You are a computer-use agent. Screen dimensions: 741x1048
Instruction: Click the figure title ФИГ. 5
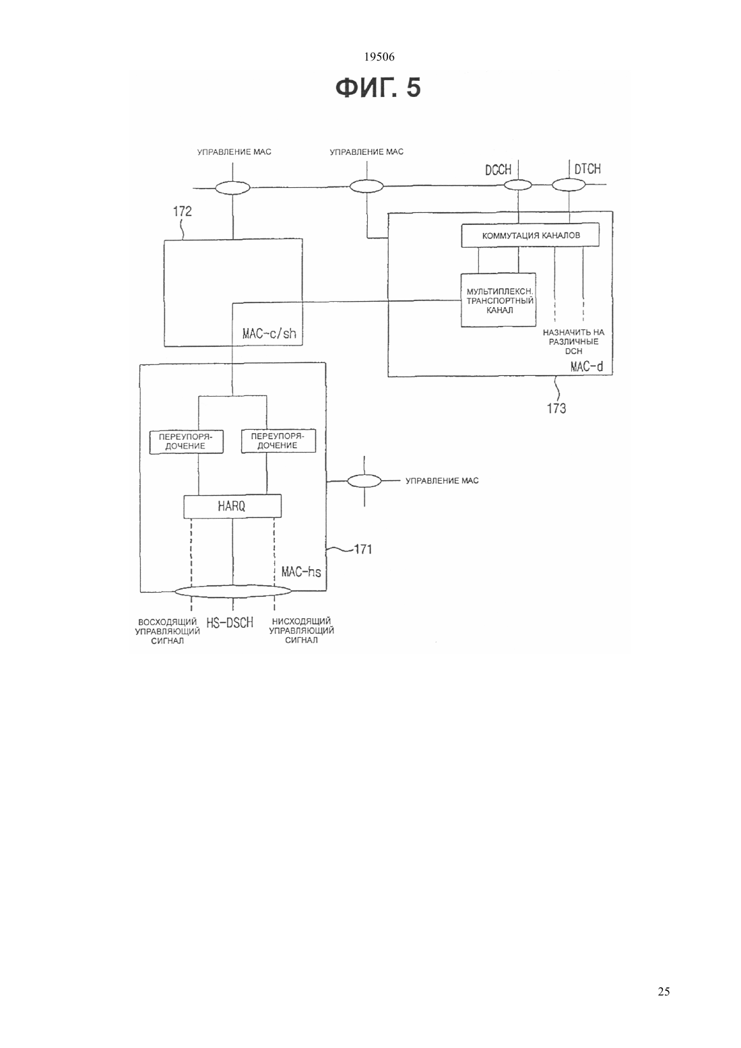378,88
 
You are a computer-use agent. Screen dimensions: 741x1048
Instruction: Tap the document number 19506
379,57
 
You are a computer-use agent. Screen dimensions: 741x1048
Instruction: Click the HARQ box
232,506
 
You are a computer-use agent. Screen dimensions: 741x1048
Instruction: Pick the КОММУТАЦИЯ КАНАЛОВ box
530,235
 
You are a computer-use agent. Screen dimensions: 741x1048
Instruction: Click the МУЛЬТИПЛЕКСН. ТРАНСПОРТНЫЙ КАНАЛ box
498,300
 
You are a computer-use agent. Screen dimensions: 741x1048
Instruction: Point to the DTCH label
587,169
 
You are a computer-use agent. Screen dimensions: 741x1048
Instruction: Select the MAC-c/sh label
269,333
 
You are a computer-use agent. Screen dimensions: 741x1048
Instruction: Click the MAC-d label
587,366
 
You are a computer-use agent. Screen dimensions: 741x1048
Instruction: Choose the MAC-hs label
301,572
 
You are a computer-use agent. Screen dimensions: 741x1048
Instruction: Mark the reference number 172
183,212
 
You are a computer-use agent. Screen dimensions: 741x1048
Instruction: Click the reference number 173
556,409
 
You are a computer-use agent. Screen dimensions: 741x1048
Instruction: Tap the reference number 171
362,550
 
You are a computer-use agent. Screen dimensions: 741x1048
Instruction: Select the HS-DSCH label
230,623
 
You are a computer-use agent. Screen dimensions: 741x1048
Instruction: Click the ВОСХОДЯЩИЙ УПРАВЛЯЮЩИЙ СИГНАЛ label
168,631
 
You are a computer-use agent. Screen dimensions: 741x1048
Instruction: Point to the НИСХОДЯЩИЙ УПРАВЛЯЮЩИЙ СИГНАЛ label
301,630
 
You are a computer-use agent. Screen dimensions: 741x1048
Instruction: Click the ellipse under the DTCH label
569,185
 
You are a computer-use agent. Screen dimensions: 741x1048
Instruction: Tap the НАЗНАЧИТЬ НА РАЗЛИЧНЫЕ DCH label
573,341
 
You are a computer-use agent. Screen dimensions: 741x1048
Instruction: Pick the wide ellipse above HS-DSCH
233,591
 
